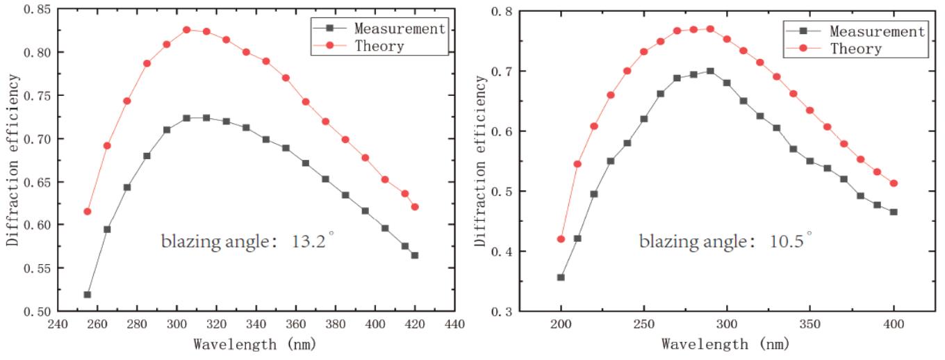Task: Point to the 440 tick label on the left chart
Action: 454,325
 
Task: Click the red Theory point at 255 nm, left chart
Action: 88,211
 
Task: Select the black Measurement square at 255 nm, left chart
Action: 88,294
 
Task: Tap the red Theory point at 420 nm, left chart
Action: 415,206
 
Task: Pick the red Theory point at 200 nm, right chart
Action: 561,239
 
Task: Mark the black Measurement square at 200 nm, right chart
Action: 561,277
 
